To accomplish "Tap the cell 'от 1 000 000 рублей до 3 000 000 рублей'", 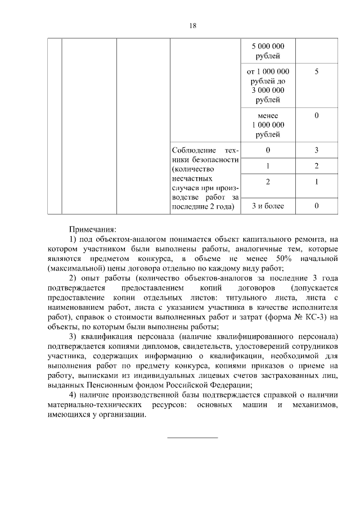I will pos(268,85).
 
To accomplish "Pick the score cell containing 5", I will pos(317,72).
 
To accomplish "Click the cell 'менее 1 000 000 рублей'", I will pos(268,125).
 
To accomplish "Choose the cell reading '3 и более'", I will pos(268,206).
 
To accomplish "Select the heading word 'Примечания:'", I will pos(92,229).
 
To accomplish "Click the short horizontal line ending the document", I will pos(192,437).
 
